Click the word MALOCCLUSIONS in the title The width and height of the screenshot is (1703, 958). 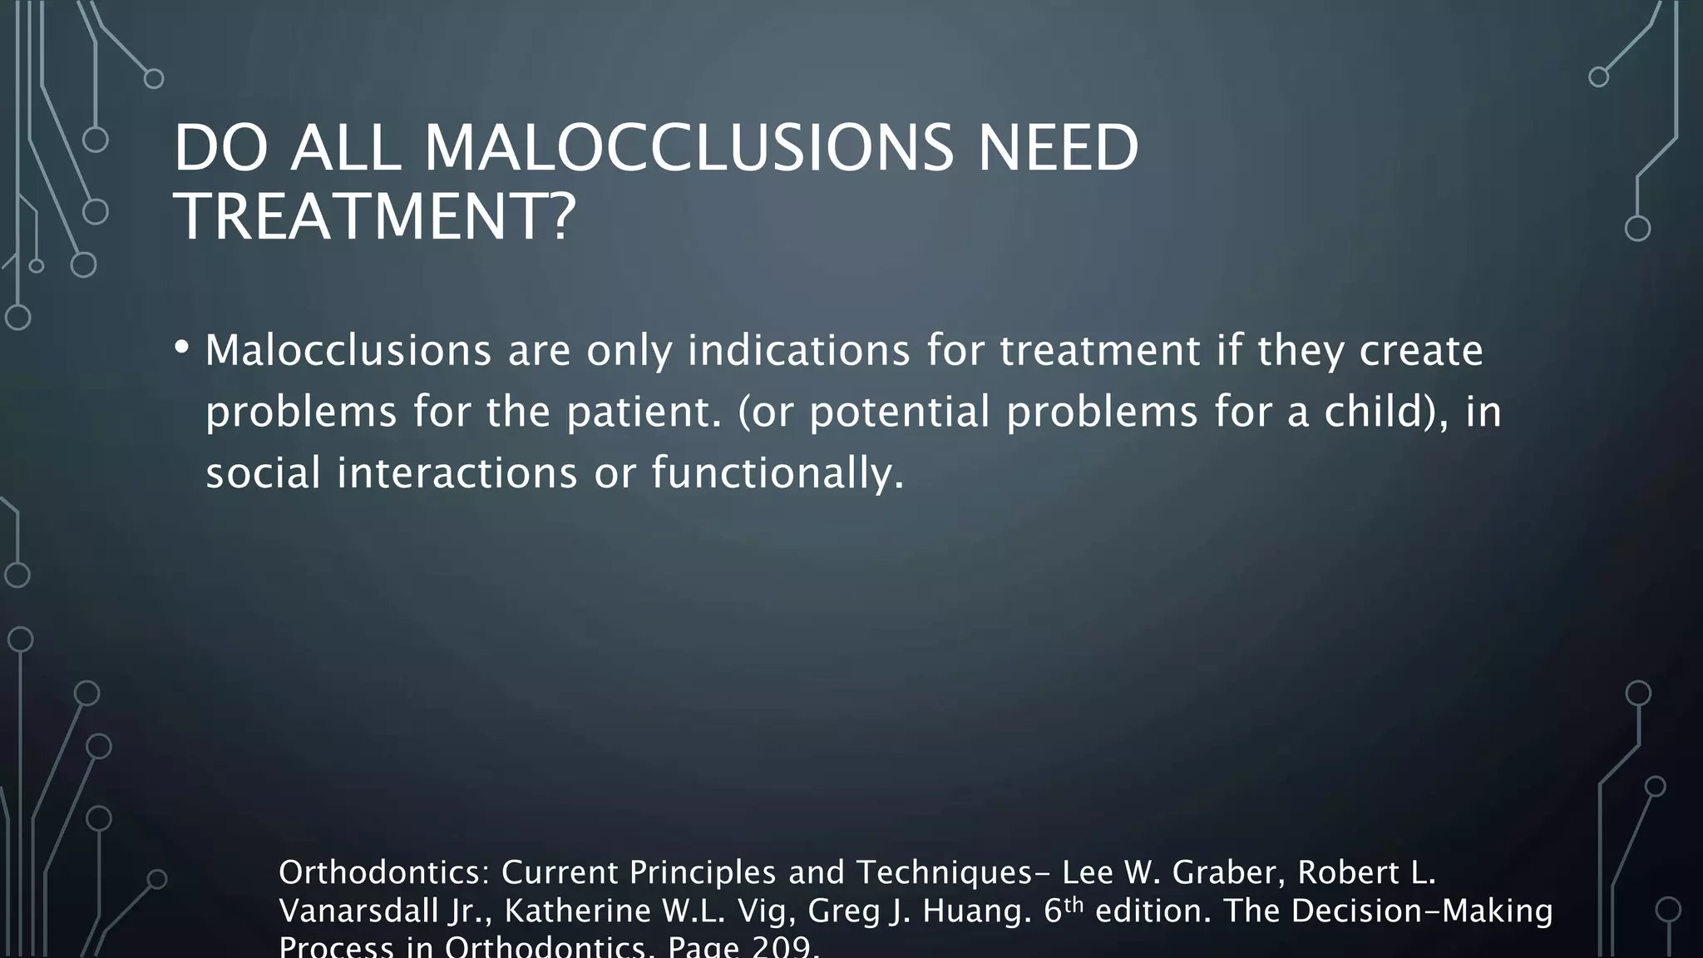tap(689, 148)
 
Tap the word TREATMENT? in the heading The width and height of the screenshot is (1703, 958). tap(374, 217)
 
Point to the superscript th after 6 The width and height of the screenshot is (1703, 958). tap(1074, 905)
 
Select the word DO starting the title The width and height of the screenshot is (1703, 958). tap(220, 148)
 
